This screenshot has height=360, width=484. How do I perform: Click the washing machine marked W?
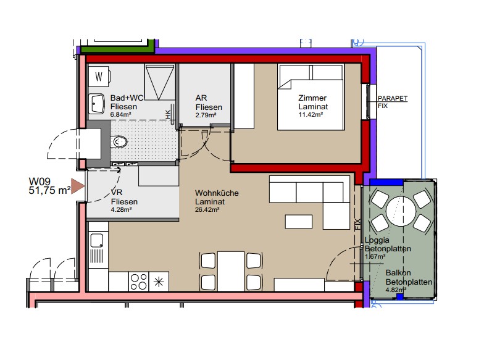(99, 77)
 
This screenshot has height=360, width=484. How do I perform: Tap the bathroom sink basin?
(98, 104)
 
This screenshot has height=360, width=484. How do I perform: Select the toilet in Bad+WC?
(120, 142)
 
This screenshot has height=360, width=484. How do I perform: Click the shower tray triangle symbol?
(159, 82)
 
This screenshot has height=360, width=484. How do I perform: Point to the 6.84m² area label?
(120, 115)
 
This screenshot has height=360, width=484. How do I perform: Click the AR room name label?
(201, 98)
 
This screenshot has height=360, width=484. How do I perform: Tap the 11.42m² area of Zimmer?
(311, 115)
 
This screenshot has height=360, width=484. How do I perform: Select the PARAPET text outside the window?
(393, 98)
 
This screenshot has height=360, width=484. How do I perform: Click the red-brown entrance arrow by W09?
(78, 186)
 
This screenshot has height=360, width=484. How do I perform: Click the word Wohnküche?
(217, 193)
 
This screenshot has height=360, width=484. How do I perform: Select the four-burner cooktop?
(138, 282)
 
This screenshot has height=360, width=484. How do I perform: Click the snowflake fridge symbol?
(159, 282)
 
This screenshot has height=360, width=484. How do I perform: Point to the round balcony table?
(401, 212)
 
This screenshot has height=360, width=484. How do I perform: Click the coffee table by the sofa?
(299, 222)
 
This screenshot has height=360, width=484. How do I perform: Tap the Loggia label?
(377, 240)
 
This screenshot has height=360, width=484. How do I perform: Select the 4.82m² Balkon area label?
(396, 290)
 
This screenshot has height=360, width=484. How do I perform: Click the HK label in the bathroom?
(168, 114)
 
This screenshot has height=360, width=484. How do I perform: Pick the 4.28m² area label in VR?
(122, 210)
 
